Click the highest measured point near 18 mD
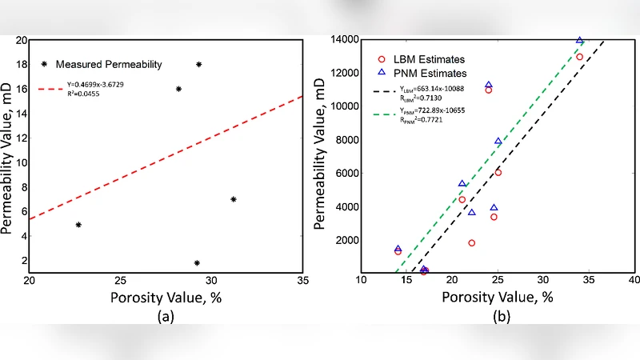[199, 64]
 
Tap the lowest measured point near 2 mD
[197, 262]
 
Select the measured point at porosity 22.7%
[78, 225]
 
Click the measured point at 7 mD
[234, 199]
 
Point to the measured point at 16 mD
[178, 89]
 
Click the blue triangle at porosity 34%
[580, 41]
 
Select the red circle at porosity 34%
[580, 57]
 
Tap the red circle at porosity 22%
[472, 243]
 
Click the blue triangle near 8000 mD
[498, 142]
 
